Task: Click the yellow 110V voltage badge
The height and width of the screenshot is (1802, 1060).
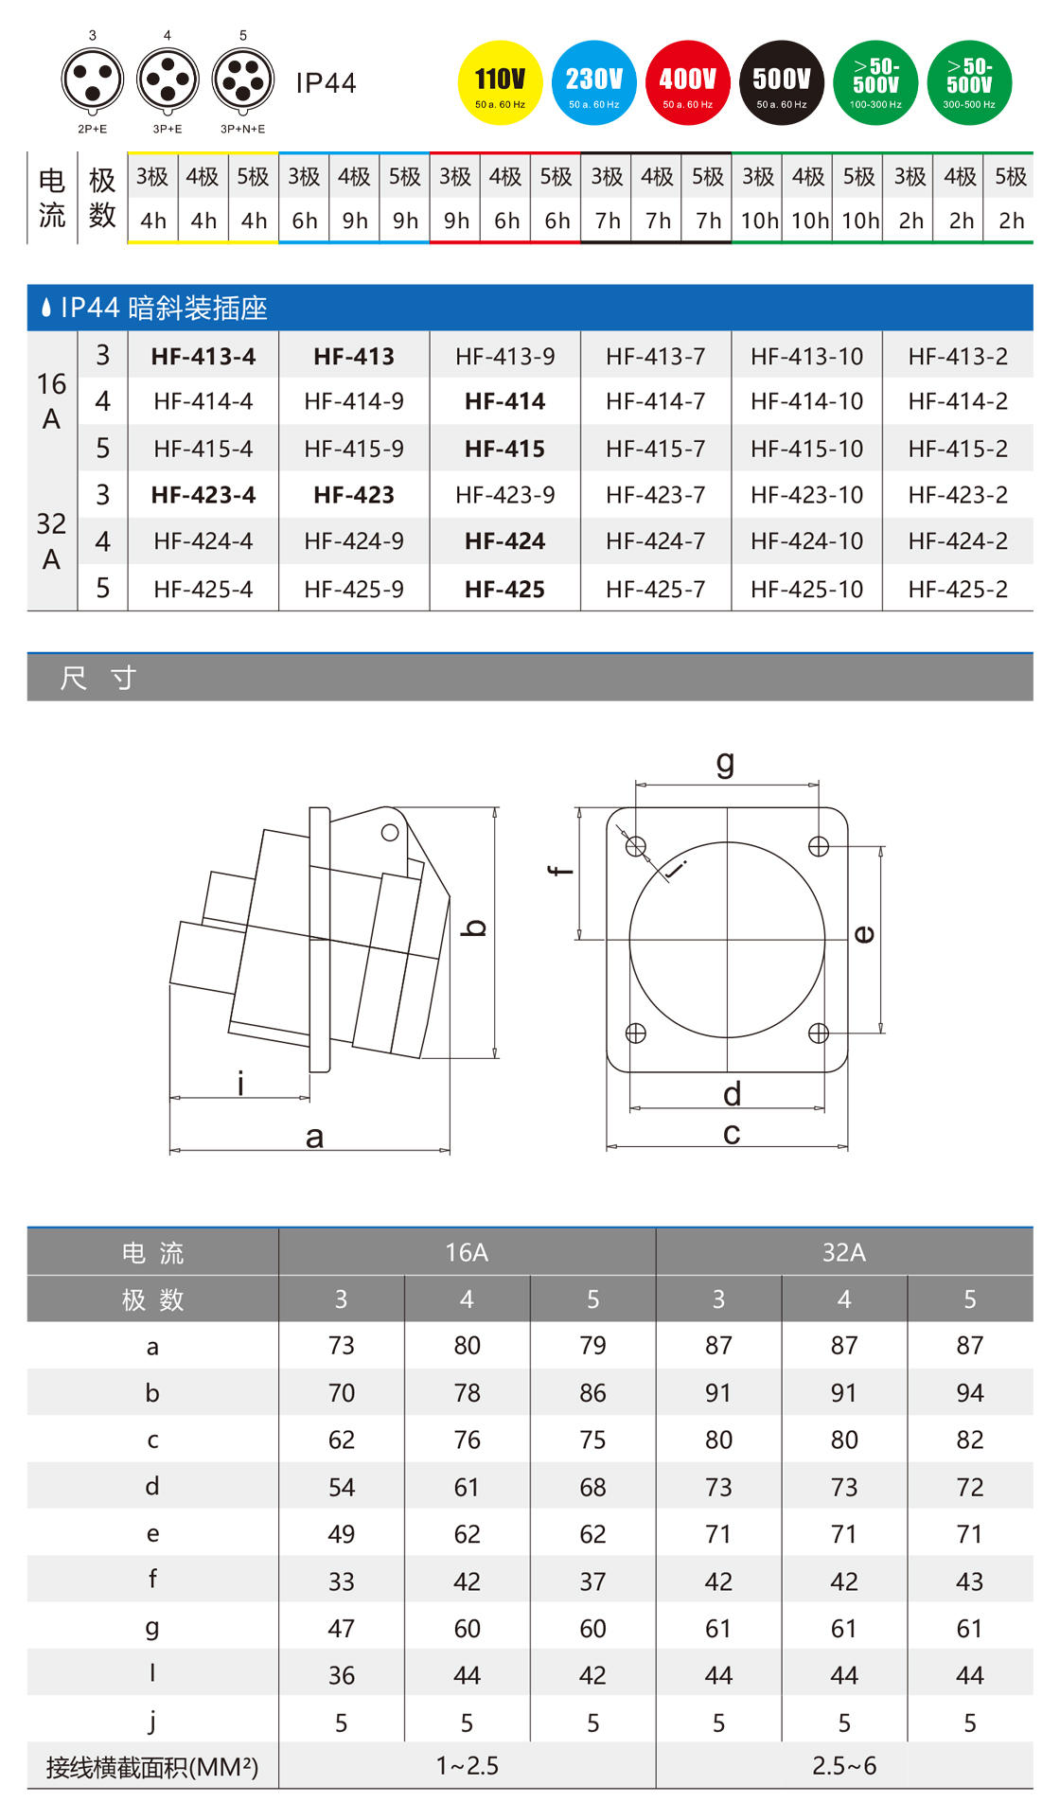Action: pyautogui.click(x=500, y=83)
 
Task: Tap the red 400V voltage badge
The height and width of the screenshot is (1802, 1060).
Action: pyautogui.click(x=687, y=83)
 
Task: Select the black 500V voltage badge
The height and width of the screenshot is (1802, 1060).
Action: pyautogui.click(x=781, y=83)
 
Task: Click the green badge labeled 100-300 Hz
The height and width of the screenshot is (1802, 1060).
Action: pyautogui.click(x=875, y=83)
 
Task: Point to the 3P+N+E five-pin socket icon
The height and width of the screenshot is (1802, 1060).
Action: pyautogui.click(x=243, y=80)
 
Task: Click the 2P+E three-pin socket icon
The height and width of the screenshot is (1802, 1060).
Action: pyautogui.click(x=93, y=80)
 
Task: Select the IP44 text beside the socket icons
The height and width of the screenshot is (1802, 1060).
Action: pyautogui.click(x=326, y=83)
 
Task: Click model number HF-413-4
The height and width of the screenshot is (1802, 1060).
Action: pyautogui.click(x=203, y=357)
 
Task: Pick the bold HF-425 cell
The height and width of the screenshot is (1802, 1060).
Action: pyautogui.click(x=504, y=590)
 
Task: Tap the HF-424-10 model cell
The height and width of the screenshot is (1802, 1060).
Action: pyautogui.click(x=806, y=541)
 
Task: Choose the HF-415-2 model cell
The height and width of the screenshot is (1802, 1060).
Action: pyautogui.click(x=958, y=449)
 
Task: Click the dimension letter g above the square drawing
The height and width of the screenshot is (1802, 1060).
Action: pyautogui.click(x=725, y=763)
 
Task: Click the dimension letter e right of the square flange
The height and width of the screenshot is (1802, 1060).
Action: pyautogui.click(x=864, y=935)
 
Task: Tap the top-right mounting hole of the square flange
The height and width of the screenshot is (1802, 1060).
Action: pyautogui.click(x=819, y=846)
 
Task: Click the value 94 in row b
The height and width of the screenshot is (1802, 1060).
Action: pyautogui.click(x=970, y=1393)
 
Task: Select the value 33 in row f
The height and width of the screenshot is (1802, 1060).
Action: pyautogui.click(x=342, y=1581)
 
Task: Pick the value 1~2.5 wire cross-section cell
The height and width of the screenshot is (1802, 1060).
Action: pyautogui.click(x=467, y=1766)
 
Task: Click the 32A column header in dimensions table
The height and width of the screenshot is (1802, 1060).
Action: pyautogui.click(x=844, y=1252)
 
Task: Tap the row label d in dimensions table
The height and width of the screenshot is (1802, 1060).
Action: pyautogui.click(x=152, y=1487)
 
